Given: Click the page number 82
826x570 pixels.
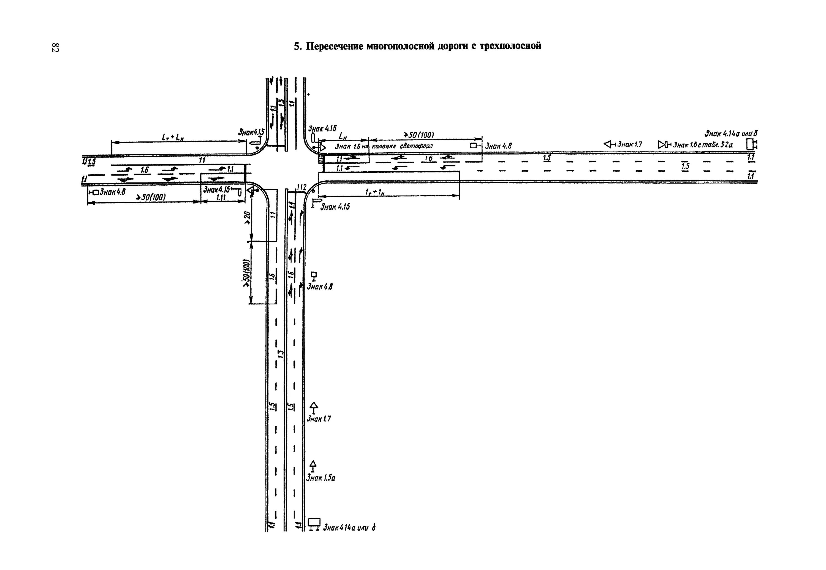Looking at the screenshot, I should [x=55, y=47].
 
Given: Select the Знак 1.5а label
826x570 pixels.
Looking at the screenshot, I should [x=320, y=477].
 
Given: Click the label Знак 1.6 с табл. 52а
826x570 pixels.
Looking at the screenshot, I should [x=702, y=145].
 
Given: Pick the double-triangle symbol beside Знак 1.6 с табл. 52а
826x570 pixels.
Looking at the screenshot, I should [x=662, y=144].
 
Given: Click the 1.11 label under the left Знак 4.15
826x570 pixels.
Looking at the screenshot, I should [x=221, y=197].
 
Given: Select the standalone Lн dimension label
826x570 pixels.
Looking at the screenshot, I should [x=343, y=136].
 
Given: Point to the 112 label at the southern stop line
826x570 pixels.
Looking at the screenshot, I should [x=302, y=187].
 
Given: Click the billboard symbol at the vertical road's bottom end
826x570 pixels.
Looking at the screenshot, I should [x=314, y=523].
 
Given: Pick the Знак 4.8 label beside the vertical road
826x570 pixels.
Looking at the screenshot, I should [x=320, y=287].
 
